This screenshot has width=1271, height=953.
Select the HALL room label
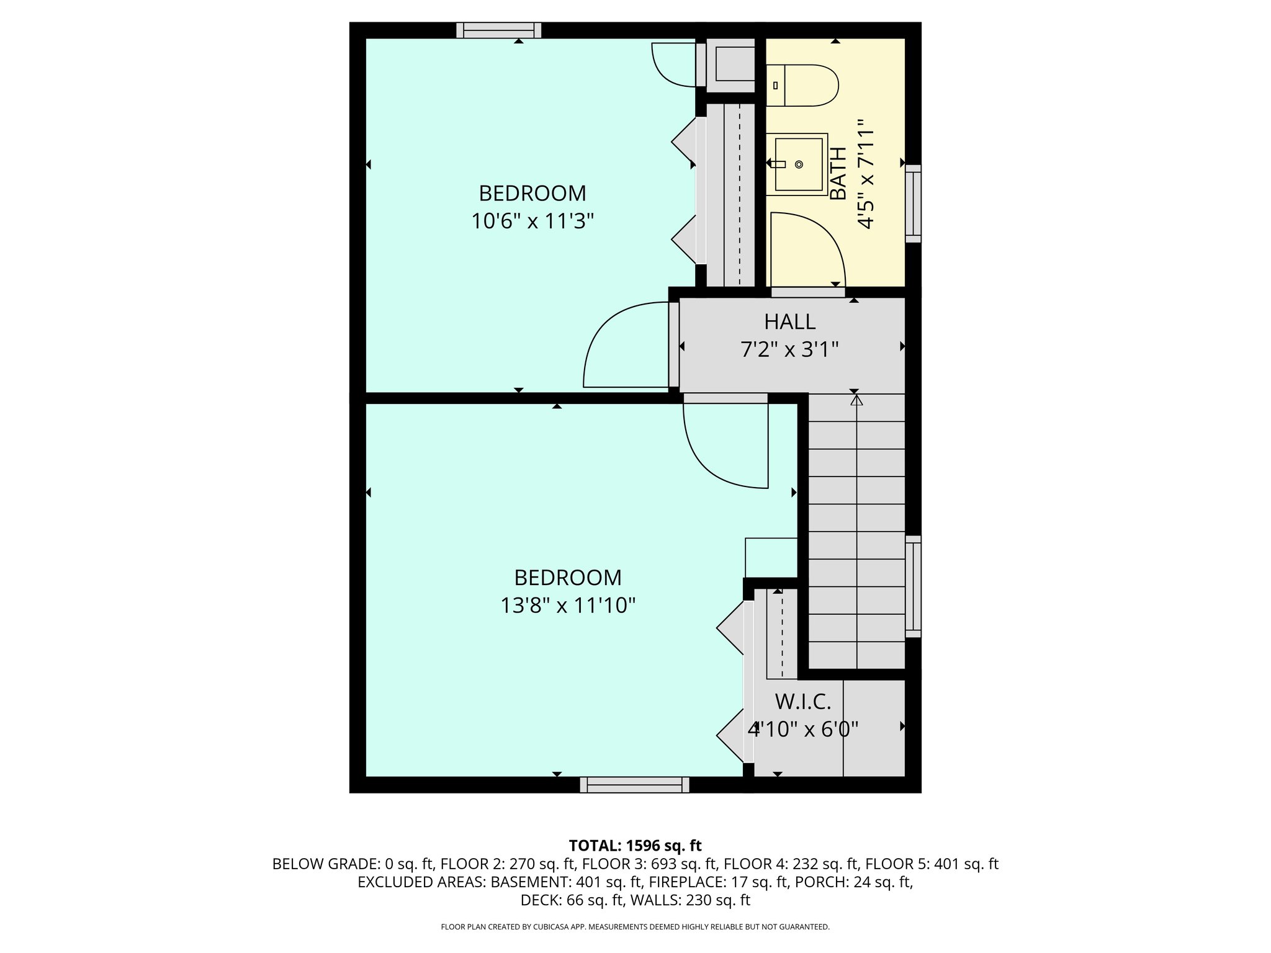pos(789,321)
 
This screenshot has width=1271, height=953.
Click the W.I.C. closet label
pos(802,702)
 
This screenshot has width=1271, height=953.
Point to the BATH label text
pos(838,174)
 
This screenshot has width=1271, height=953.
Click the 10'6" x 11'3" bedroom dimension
pos(532,221)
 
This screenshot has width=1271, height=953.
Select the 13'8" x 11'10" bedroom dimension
pos(568,605)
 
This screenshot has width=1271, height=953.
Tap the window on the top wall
pos(498,30)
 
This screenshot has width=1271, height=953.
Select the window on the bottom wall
pos(634,785)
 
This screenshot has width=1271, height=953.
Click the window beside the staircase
pos(913,586)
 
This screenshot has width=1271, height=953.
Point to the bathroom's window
pos(913,204)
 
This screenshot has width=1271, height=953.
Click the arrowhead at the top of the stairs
pos(856,400)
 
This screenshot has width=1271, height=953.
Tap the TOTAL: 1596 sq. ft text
pos(635,845)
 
